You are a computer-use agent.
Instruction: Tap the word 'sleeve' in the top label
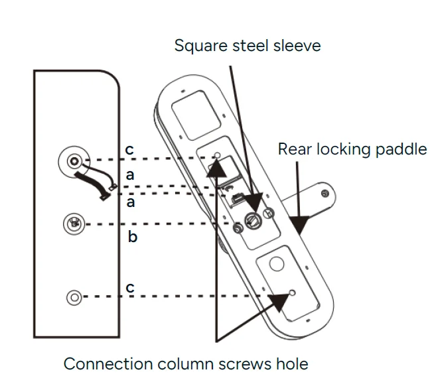(x=297, y=46)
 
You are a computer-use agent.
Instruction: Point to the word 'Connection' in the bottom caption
(x=108, y=363)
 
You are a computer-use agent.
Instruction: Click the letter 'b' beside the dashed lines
(x=132, y=236)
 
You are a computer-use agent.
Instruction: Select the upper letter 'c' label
(x=129, y=151)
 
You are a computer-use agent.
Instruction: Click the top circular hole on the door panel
(x=74, y=161)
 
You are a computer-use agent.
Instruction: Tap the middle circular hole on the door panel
(x=74, y=224)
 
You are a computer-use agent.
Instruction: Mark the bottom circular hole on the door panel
(x=74, y=296)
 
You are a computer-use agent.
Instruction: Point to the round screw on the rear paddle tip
(x=324, y=194)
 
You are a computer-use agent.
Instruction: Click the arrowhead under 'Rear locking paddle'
(x=300, y=225)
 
